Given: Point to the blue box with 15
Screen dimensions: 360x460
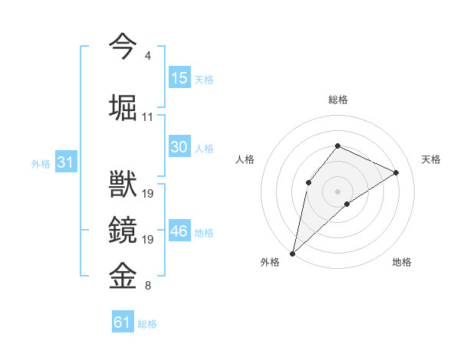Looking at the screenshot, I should pyautogui.click(x=179, y=78).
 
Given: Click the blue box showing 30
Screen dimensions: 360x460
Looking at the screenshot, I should pyautogui.click(x=179, y=147).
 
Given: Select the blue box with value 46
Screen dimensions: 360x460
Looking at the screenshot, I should pyautogui.click(x=179, y=231).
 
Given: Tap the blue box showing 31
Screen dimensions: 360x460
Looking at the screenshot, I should pyautogui.click(x=65, y=162).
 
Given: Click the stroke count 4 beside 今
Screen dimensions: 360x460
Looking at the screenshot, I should pyautogui.click(x=147, y=56).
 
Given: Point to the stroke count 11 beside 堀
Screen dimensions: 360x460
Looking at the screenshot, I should pyautogui.click(x=148, y=117).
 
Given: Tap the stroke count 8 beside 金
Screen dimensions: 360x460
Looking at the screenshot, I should pyautogui.click(x=147, y=286).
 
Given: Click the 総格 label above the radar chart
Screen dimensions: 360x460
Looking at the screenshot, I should pyautogui.click(x=337, y=100).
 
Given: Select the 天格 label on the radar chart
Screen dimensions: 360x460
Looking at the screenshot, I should pyautogui.click(x=432, y=159).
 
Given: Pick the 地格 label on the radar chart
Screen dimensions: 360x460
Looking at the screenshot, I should pyautogui.click(x=402, y=262).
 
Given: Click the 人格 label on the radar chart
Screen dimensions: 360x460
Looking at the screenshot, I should pyautogui.click(x=245, y=159).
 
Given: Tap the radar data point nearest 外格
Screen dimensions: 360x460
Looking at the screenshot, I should pyautogui.click(x=292, y=253).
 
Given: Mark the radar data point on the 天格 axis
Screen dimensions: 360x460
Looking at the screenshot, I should pyautogui.click(x=396, y=172).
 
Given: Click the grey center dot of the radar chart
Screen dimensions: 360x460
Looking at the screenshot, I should pyautogui.click(x=337, y=191).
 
